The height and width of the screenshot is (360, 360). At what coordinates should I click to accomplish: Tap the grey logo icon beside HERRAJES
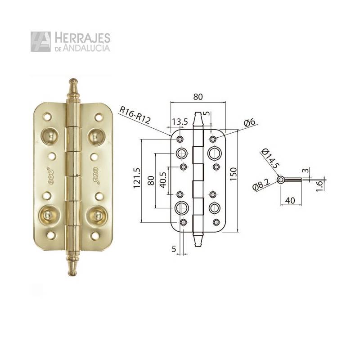40,41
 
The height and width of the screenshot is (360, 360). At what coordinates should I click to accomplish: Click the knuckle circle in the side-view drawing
281,180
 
